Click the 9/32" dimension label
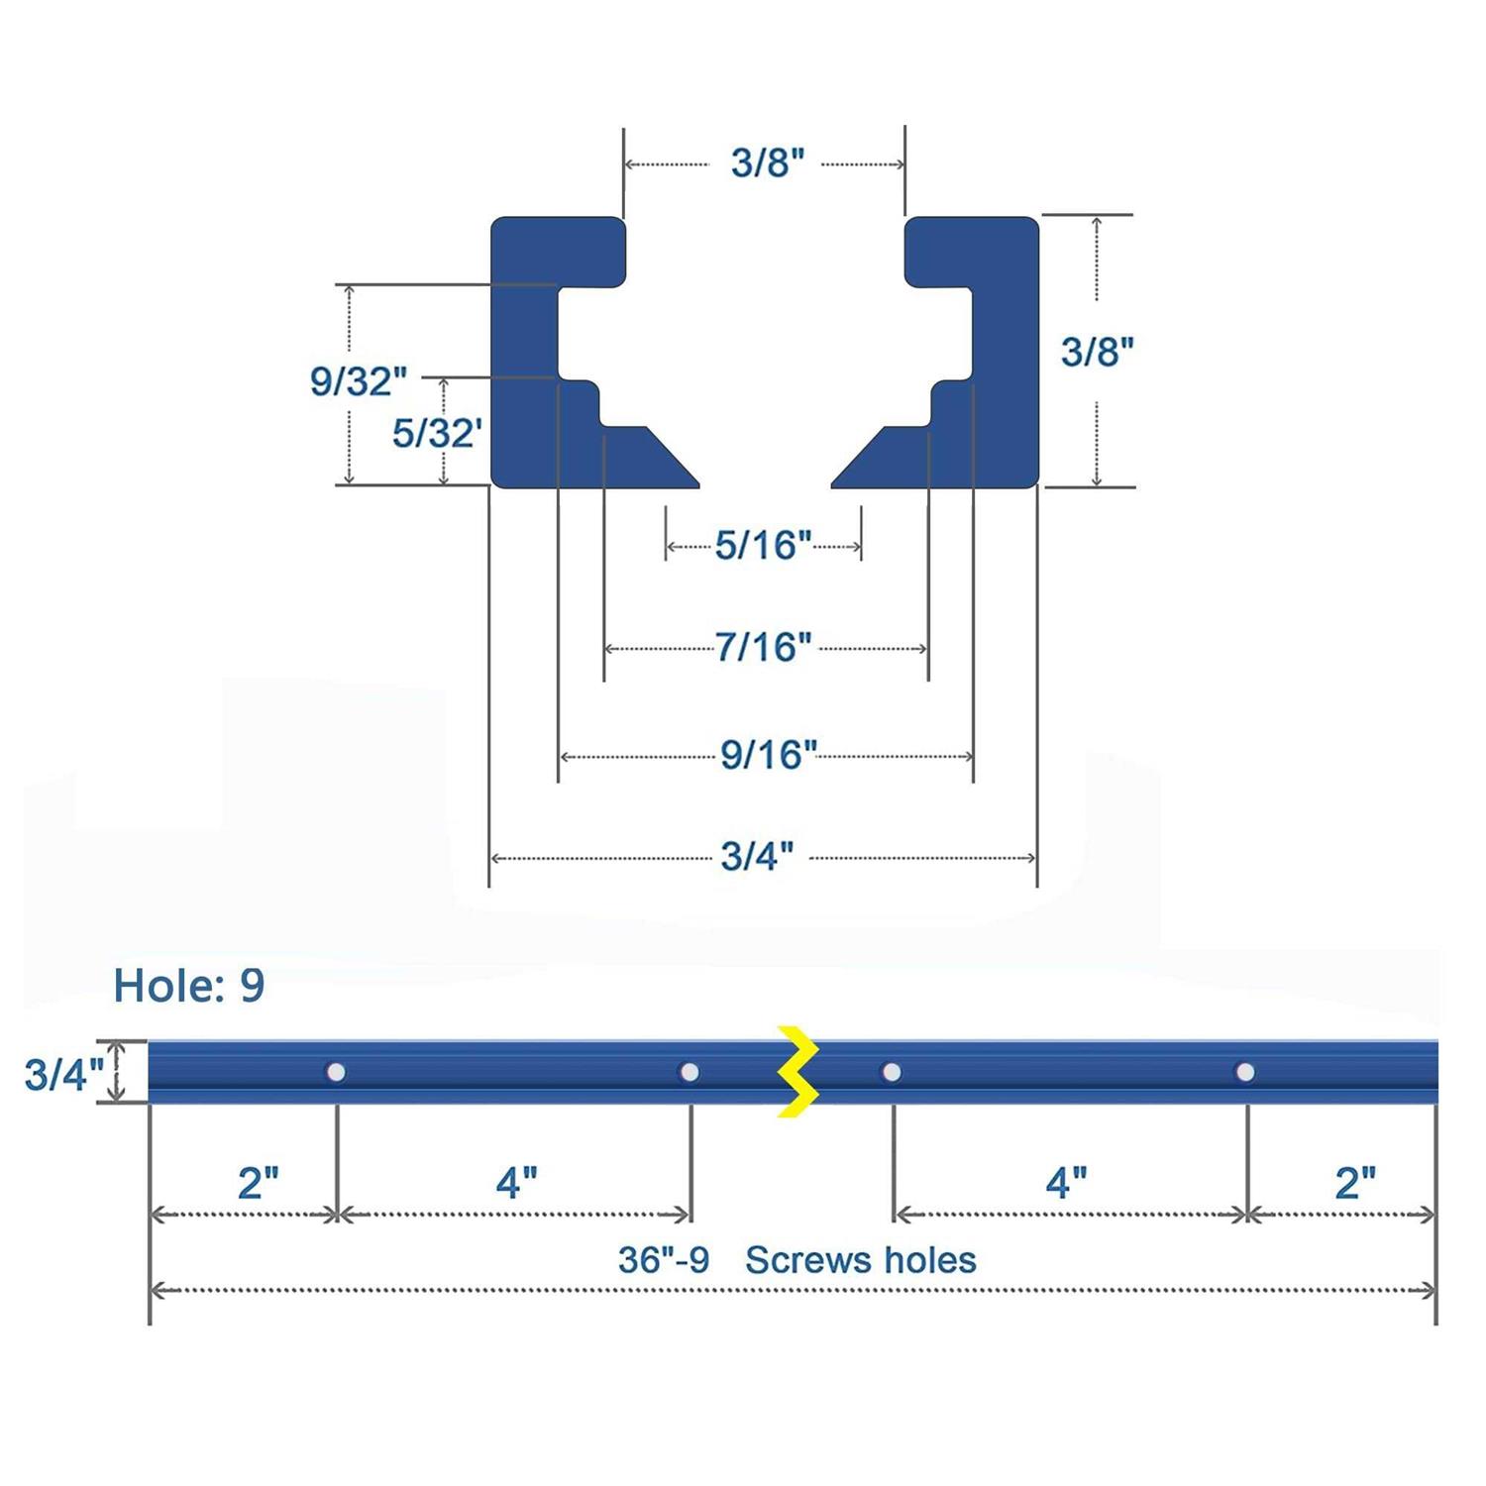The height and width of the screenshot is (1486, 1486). point(358,380)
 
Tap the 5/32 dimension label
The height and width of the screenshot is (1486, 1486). point(436,433)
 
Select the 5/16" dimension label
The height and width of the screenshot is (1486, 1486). point(763,545)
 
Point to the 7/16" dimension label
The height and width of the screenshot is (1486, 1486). point(763,647)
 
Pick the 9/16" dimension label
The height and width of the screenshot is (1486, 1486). point(768,755)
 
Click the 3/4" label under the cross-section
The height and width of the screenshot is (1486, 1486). point(757,856)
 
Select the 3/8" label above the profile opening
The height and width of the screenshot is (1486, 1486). point(768,162)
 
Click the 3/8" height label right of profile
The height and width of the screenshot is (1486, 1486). point(1097,352)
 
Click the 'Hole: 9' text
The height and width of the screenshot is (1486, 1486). point(189,985)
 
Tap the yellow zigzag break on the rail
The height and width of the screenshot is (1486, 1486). point(798,1072)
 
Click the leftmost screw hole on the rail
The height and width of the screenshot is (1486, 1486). point(336,1072)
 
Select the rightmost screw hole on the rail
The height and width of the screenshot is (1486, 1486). point(1245,1072)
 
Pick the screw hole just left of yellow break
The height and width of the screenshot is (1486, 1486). point(690,1072)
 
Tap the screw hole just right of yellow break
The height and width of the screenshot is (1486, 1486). point(892,1072)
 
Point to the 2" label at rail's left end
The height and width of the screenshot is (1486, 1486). point(258,1183)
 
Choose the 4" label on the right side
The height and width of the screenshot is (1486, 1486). point(1066,1183)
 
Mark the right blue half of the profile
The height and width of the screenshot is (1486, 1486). point(1001,396)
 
